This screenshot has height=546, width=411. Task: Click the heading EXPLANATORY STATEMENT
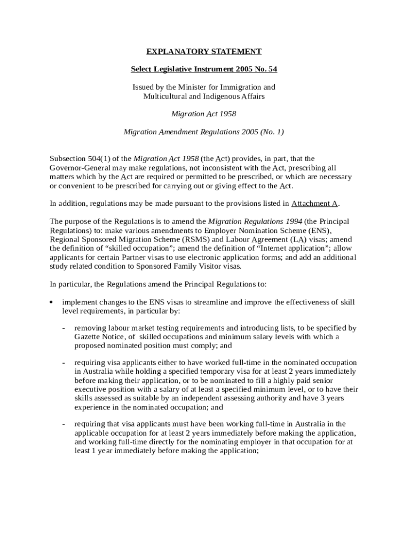pyautogui.click(x=204, y=52)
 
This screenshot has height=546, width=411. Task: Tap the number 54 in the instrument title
pyautogui.click(x=272, y=69)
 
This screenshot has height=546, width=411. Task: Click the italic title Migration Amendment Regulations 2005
pyautogui.click(x=190, y=132)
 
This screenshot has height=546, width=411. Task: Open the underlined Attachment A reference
pyautogui.click(x=314, y=204)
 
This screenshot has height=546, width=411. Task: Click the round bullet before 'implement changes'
pyautogui.click(x=51, y=302)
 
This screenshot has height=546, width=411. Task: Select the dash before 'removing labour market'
pyautogui.click(x=64, y=328)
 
